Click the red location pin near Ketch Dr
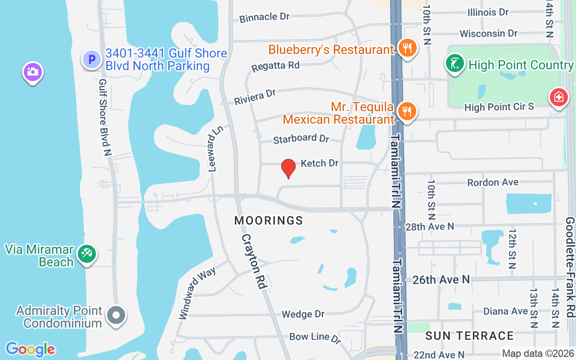(288, 168)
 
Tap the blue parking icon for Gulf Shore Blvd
(92, 59)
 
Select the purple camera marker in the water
(32, 72)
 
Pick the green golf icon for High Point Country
(455, 63)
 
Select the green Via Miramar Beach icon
(86, 254)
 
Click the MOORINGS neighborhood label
(269, 220)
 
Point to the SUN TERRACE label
(469, 336)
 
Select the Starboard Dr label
(301, 139)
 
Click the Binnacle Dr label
(264, 17)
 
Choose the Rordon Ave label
(493, 182)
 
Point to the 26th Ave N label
(441, 280)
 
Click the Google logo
(31, 349)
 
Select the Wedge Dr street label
(303, 314)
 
